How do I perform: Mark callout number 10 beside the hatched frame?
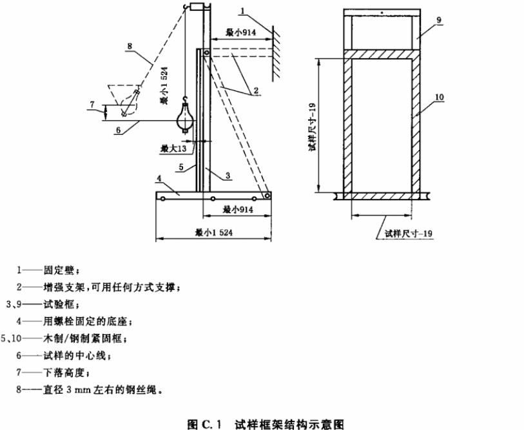coord(438,97)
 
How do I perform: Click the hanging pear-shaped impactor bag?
coord(184,121)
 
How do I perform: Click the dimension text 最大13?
coord(173,149)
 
